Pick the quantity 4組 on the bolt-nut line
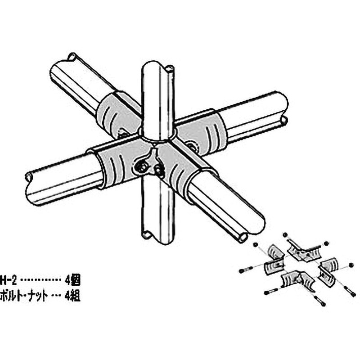72,297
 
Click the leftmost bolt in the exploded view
243,270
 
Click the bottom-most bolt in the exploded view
320,303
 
